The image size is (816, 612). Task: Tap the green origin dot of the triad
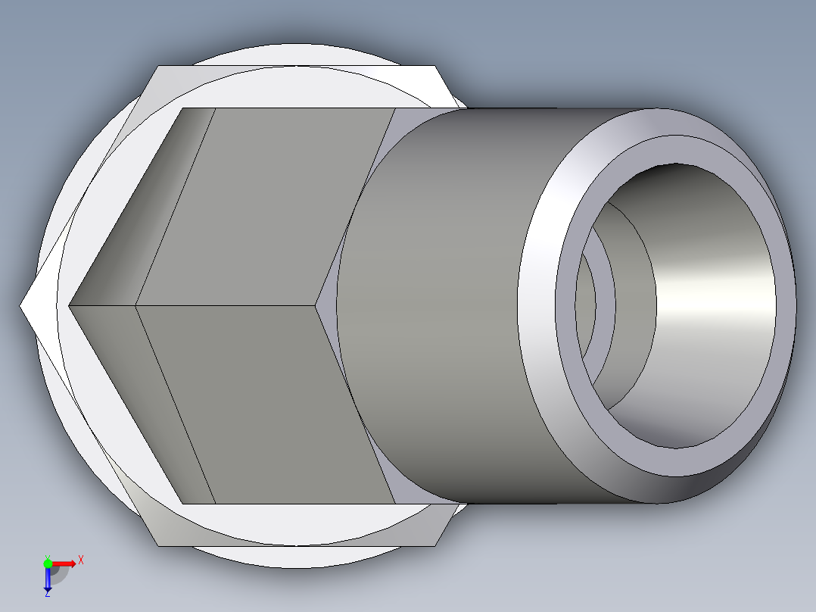48,563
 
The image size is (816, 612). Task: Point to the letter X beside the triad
81,560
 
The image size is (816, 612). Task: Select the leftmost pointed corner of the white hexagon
21,306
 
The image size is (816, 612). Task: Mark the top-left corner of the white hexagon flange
157,67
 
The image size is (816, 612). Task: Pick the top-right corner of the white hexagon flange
436,67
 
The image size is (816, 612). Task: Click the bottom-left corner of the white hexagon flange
157,545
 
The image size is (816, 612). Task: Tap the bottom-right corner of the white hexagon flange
436,545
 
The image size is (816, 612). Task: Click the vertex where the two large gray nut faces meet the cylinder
316,306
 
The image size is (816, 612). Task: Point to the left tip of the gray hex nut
69,306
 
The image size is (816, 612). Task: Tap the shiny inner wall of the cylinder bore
712,303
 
